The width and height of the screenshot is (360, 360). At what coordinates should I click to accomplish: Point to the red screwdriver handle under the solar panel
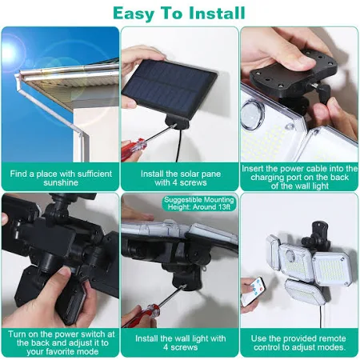coord(134,149)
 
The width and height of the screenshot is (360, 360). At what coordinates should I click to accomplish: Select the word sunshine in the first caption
coord(61,182)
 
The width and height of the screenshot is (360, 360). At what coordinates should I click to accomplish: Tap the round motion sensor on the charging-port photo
coord(251,115)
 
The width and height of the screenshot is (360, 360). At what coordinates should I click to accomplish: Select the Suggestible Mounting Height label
coord(199,203)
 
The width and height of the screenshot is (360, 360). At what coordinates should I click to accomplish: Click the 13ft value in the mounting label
coord(224,207)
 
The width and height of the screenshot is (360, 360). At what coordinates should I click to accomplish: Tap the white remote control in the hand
coord(253,291)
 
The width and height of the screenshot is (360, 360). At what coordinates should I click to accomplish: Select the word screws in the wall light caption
coord(184,347)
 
